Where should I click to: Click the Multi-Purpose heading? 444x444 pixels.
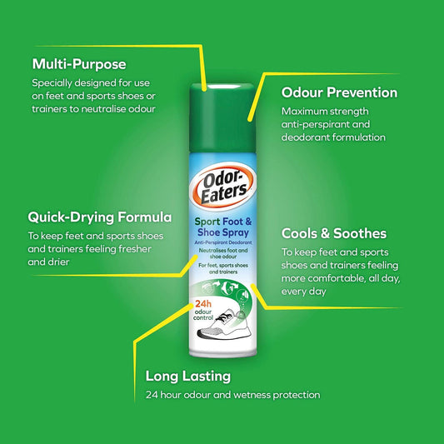[78, 63]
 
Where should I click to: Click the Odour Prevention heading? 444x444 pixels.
[339, 92]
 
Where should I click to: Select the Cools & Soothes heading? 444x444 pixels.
[333, 233]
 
